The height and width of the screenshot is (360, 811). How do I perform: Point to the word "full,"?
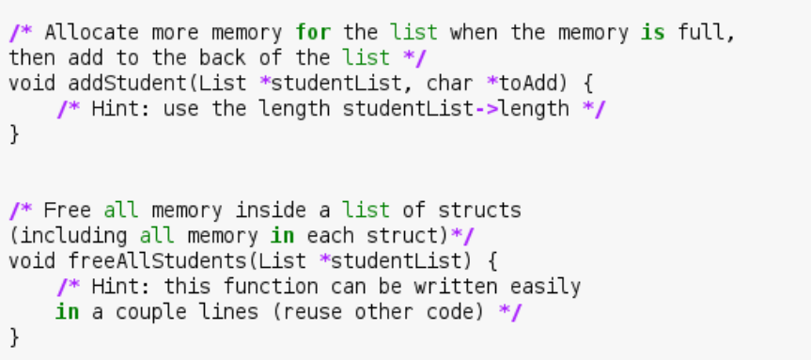(701, 33)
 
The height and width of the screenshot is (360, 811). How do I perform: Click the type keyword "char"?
(450, 83)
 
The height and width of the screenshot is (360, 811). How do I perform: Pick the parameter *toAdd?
(522, 83)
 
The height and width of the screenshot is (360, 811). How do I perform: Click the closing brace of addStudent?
(14, 133)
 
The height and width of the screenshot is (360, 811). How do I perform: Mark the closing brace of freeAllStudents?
(14, 337)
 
